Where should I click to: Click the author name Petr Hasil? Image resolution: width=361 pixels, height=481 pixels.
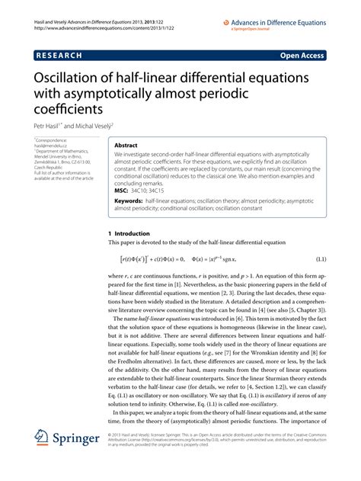[45, 125]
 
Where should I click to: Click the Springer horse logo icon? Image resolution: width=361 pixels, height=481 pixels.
[43, 460]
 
